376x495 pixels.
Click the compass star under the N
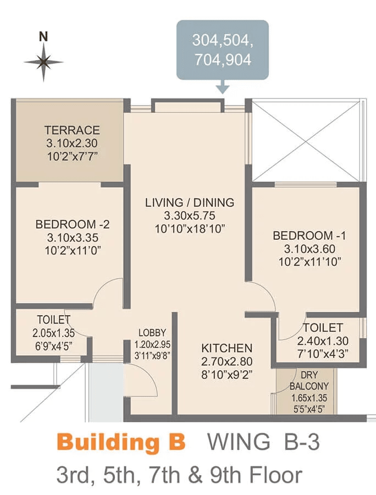click(x=43, y=62)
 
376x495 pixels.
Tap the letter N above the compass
click(x=43, y=37)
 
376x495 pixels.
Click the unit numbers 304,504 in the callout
click(x=223, y=41)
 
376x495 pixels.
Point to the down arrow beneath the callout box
click(x=223, y=86)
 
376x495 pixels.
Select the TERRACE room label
click(x=72, y=130)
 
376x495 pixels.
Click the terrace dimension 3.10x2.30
click(x=72, y=144)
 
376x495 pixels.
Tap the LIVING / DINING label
click(x=190, y=202)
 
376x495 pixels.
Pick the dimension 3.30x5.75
click(x=190, y=216)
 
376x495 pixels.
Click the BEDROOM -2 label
click(x=73, y=224)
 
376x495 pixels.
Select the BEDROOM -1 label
click(x=309, y=235)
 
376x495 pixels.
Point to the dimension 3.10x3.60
click(x=309, y=249)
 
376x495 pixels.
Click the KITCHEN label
click(x=227, y=348)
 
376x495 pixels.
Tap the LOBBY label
click(x=152, y=333)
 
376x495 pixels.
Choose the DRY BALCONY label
click(x=309, y=381)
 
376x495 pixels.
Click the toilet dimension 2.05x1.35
click(x=54, y=333)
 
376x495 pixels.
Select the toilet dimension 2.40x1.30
click(x=323, y=341)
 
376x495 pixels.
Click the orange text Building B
click(x=121, y=442)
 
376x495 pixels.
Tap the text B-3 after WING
click(x=302, y=442)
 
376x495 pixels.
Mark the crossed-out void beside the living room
click(x=307, y=141)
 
